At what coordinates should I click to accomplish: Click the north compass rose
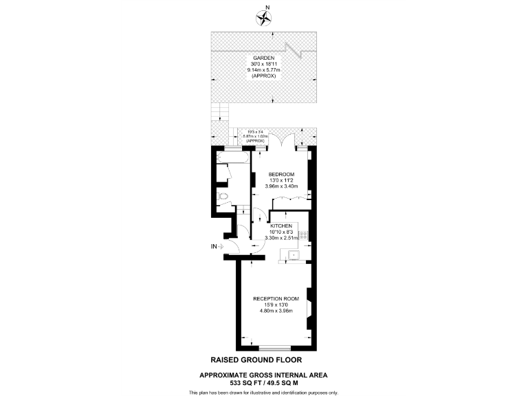click(x=263, y=16)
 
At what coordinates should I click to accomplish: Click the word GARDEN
click(x=263, y=59)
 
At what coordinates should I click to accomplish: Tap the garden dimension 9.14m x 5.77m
click(x=263, y=70)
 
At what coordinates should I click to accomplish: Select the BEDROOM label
click(x=281, y=174)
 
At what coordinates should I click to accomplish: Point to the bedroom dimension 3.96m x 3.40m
click(x=281, y=186)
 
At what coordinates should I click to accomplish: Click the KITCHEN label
click(x=281, y=225)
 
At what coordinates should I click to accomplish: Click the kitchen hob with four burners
click(x=304, y=236)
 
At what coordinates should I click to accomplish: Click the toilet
click(x=221, y=199)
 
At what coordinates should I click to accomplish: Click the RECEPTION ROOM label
click(x=276, y=298)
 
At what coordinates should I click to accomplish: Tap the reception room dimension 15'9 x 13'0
click(x=276, y=305)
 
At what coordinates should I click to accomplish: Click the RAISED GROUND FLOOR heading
click(x=255, y=360)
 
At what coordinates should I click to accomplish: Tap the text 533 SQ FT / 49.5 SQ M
click(x=263, y=382)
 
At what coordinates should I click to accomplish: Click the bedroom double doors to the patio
click(x=280, y=141)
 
